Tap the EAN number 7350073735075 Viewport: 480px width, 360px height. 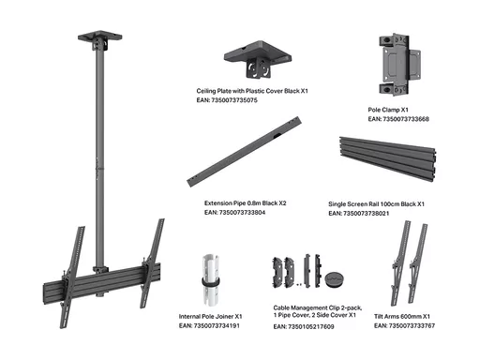click(x=227, y=100)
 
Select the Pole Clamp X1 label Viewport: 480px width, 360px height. click(x=388, y=110)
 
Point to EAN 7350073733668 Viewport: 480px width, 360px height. click(x=398, y=119)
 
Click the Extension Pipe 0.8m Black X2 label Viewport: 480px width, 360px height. click(x=246, y=203)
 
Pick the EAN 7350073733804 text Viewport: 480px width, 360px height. click(x=235, y=213)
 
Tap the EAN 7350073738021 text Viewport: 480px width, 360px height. click(x=359, y=214)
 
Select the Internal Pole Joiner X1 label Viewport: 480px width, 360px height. click(x=210, y=316)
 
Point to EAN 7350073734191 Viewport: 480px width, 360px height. click(x=209, y=325)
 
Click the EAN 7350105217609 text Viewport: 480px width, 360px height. click(x=304, y=326)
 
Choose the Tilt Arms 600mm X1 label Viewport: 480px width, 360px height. click(x=402, y=316)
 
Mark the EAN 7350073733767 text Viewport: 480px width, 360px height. click(x=404, y=325)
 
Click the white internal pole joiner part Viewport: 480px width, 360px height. click(x=210, y=280)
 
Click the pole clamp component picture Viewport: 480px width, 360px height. click(x=399, y=65)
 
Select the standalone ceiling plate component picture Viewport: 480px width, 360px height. click(x=258, y=59)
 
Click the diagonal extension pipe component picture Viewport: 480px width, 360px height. click(x=244, y=152)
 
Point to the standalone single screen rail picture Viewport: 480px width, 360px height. click(x=388, y=158)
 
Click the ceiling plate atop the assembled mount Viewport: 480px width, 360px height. click(x=100, y=37)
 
